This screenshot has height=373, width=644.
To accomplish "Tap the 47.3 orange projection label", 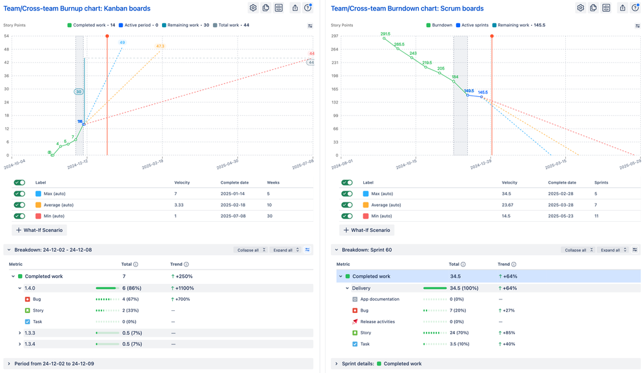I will point(160,46).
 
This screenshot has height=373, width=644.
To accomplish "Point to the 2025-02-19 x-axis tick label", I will point(153,165).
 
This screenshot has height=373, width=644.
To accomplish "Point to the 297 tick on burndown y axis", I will point(335,36).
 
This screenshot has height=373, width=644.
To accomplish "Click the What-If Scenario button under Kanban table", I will point(39,229).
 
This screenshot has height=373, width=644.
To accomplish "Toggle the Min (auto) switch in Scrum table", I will point(347,216).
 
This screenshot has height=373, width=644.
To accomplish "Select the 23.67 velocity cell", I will point(510,205).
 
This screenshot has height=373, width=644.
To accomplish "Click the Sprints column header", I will point(601,182).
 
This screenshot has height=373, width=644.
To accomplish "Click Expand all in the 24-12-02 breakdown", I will point(285,250).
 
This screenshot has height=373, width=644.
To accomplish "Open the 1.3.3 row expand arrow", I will point(19,333).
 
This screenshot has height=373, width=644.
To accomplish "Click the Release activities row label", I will point(378,321).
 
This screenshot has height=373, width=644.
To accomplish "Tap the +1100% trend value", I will point(185,288).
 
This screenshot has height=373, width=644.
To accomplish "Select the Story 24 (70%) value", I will point(456,333).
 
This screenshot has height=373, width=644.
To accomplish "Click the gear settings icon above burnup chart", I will point(253,8).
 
